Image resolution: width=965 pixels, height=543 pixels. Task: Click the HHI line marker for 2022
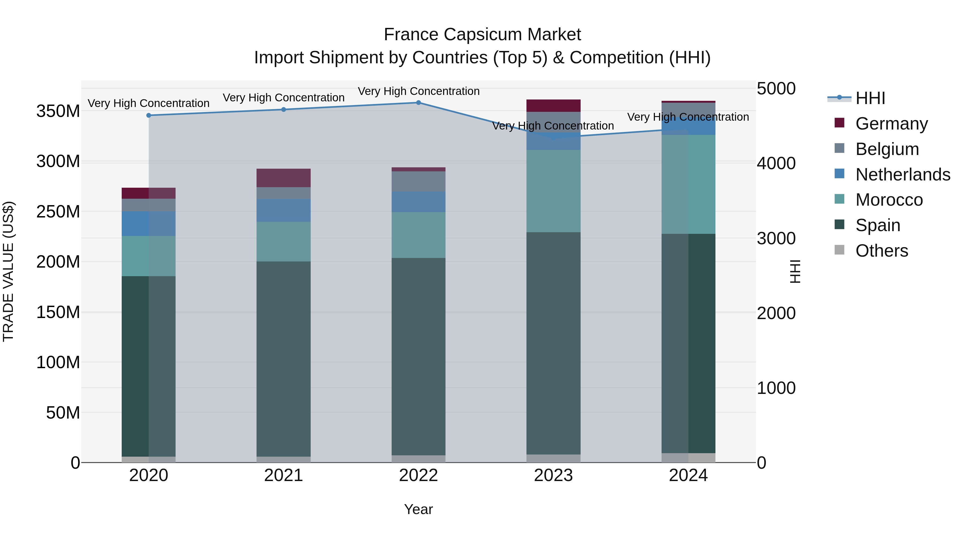point(418,103)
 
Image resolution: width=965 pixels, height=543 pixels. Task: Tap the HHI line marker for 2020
point(149,115)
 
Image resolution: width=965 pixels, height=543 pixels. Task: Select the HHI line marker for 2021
point(284,110)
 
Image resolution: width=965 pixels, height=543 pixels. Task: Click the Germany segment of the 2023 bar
point(553,106)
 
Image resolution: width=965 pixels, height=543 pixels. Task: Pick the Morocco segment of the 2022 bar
point(418,235)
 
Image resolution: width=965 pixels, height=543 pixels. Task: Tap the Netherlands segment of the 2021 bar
point(284,210)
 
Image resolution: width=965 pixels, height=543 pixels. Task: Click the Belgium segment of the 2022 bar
point(418,181)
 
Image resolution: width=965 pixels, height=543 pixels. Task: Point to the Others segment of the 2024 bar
point(688,457)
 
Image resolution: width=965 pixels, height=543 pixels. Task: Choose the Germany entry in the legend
point(892,124)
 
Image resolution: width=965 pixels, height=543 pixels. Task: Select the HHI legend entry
point(870,98)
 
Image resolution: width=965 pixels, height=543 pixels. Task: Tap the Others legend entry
point(881,251)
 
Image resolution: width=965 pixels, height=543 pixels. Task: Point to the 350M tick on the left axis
point(58,111)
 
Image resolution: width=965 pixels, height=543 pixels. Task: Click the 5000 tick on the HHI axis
point(776,89)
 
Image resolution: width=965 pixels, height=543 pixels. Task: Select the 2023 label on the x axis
point(553,475)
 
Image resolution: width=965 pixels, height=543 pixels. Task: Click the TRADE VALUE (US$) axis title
point(8,271)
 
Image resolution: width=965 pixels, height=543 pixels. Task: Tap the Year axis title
point(418,509)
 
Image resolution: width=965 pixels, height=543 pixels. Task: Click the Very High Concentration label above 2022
point(418,91)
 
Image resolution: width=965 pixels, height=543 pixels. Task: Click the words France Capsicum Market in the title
point(482,35)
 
